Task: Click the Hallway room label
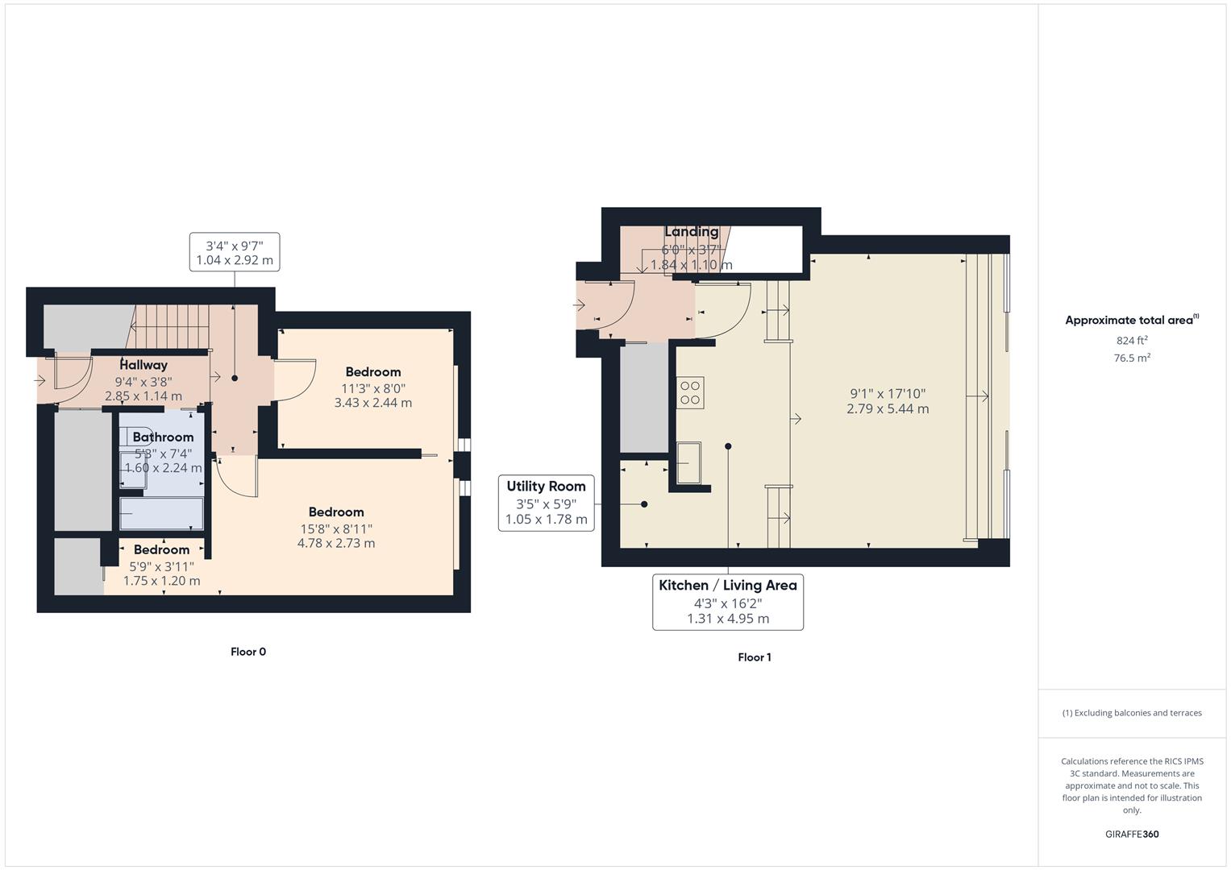[143, 365]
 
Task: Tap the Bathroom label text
[163, 437]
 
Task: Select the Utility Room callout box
[547, 503]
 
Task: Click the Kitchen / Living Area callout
[728, 602]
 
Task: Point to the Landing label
[691, 232]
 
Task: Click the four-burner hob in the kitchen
[690, 392]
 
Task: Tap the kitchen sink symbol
[688, 462]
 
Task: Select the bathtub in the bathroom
[161, 513]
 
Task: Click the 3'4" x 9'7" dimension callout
[235, 251]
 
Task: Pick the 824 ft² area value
[1132, 340]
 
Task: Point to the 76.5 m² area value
[1132, 358]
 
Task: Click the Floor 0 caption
[248, 652]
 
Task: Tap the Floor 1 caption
[755, 657]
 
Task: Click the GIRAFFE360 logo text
[1132, 834]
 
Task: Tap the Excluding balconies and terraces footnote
[1132, 713]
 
